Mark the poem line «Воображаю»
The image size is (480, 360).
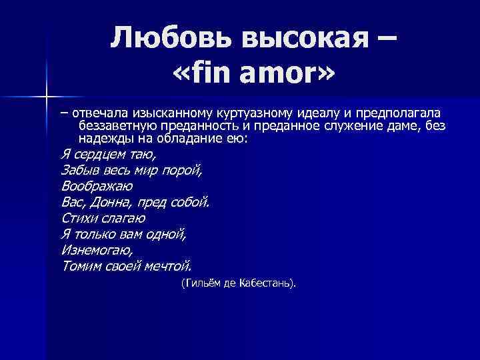click(96, 185)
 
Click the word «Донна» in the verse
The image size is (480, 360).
click(113, 201)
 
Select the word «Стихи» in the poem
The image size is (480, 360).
click(79, 217)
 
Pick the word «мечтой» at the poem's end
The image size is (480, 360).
click(168, 265)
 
